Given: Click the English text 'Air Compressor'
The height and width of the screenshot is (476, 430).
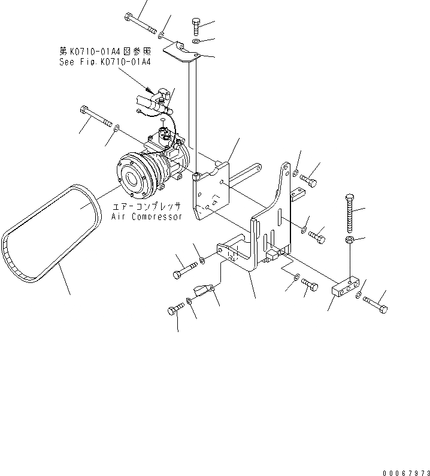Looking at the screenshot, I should tap(146, 216).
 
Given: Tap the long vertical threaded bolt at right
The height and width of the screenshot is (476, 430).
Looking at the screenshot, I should tap(350, 213).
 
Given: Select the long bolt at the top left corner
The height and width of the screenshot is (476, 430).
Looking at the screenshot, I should tap(139, 23).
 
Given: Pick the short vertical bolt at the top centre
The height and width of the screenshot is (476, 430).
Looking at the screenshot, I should tap(197, 27).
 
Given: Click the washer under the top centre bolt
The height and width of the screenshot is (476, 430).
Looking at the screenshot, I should tap(197, 42).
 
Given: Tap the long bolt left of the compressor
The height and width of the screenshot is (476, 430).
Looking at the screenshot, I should tap(95, 117).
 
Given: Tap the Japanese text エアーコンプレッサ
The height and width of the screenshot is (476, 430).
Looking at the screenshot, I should tap(146, 206).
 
